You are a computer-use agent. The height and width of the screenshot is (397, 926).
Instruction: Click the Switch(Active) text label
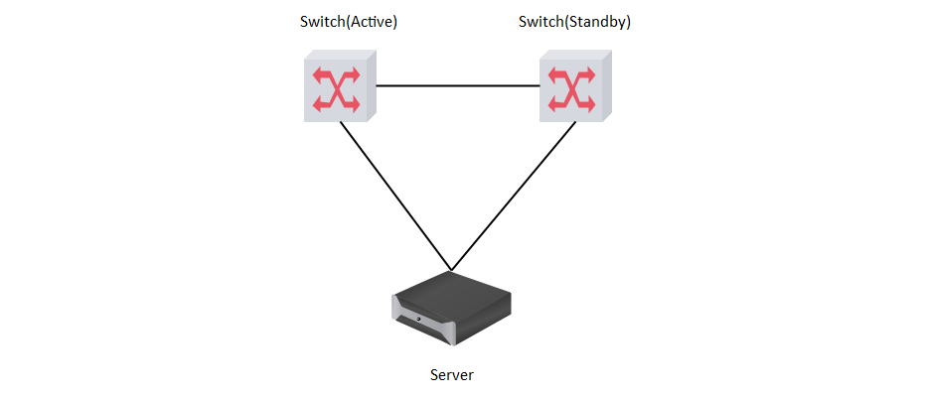click(348, 22)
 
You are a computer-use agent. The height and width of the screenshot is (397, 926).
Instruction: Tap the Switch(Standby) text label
click(574, 22)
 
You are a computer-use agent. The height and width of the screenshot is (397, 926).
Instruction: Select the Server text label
click(452, 375)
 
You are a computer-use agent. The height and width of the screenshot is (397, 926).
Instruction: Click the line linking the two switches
click(457, 86)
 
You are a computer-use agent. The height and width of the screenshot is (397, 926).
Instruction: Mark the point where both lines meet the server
click(451, 269)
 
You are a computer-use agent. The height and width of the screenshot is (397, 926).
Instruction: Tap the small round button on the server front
click(418, 319)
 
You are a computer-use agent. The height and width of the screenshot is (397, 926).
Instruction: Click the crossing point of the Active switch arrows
click(337, 89)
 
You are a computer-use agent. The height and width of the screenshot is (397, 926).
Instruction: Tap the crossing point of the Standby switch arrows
click(573, 89)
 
